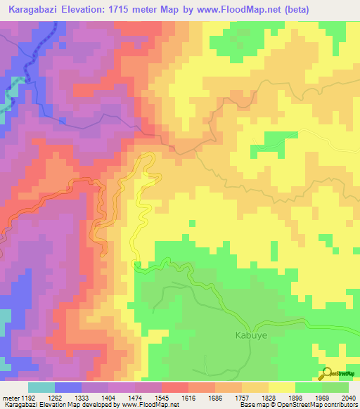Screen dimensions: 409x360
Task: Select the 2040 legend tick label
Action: pyautogui.click(x=348, y=397)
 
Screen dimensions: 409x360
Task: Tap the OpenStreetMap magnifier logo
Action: pyautogui.click(x=326, y=372)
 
